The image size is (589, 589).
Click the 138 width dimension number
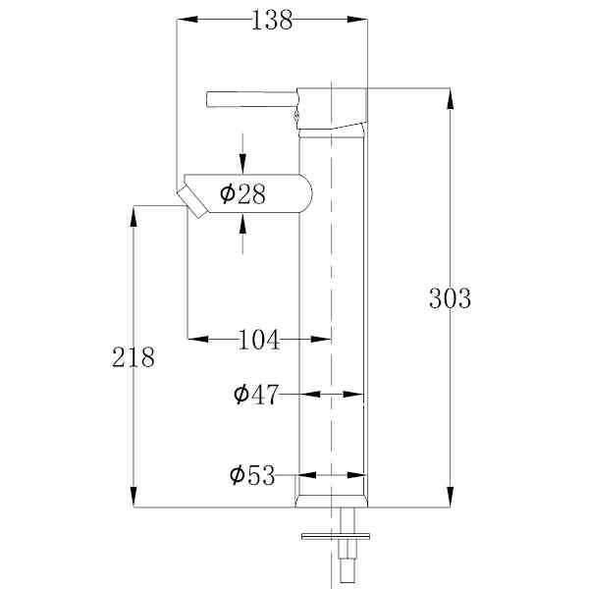point(272,20)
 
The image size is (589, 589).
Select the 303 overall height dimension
point(450,298)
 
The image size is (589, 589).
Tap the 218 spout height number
point(133,357)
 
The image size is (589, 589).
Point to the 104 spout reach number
point(259,340)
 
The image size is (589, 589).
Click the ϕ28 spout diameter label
point(242,193)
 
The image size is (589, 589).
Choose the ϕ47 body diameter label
point(256,394)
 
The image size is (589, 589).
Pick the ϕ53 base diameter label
point(252,475)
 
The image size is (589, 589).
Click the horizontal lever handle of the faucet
point(252,99)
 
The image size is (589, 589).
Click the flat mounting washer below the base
point(336,536)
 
